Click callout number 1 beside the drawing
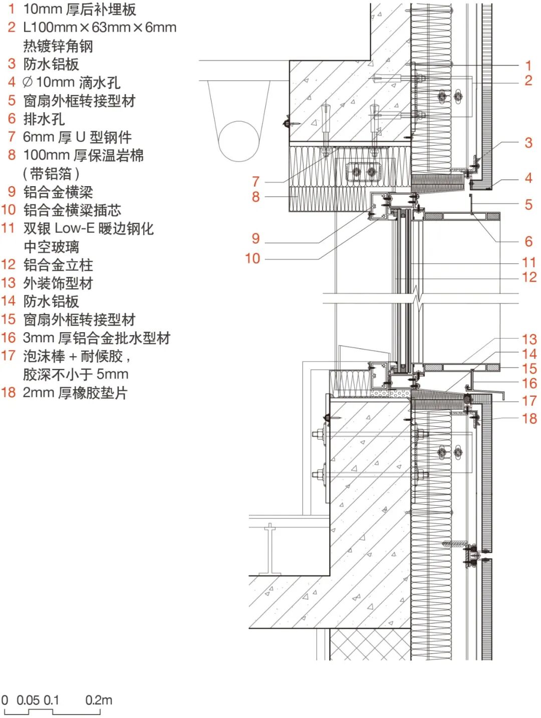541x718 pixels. pos(528,66)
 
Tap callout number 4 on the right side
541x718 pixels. pos(528,178)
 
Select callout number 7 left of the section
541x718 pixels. pos(255,182)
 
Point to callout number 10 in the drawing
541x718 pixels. pos(252,259)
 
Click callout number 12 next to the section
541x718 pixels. pos(529,277)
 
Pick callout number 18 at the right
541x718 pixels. pos(529,418)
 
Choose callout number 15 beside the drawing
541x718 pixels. pos(529,369)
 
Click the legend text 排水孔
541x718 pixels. pos(44,119)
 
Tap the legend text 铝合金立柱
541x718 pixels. pos(58,265)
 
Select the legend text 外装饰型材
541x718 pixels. pos(58,283)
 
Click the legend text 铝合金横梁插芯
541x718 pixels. pos(72,210)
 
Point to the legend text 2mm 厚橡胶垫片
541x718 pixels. pos(75,393)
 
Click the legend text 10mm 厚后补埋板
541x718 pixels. pos(80,9)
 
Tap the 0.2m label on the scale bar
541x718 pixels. pos(99,700)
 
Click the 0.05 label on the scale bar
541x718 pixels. pos(28,700)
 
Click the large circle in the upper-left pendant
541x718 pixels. pos(239,141)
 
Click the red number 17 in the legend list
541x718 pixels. pos(9,356)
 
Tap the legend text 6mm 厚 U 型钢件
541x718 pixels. pos(77,137)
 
